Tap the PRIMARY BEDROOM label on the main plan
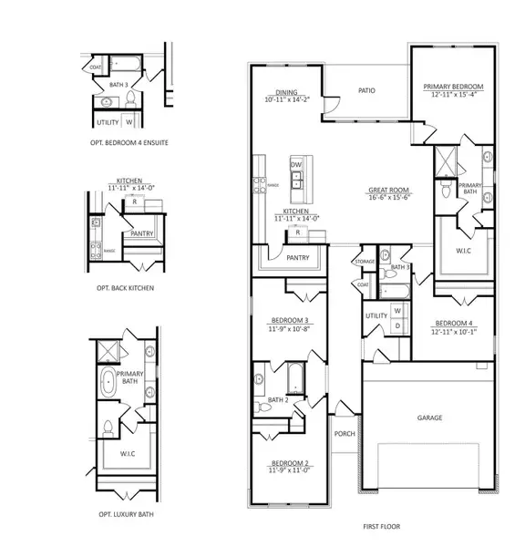click(x=453, y=87)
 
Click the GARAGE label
click(x=429, y=418)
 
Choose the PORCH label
click(x=345, y=434)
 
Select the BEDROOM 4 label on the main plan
click(x=453, y=325)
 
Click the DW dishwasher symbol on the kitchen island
click(x=296, y=164)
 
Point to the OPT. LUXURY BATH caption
click(x=126, y=515)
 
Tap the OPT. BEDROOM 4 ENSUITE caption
click(x=125, y=143)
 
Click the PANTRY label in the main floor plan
click(x=297, y=258)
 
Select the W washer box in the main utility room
click(x=397, y=310)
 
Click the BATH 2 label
click(x=278, y=400)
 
